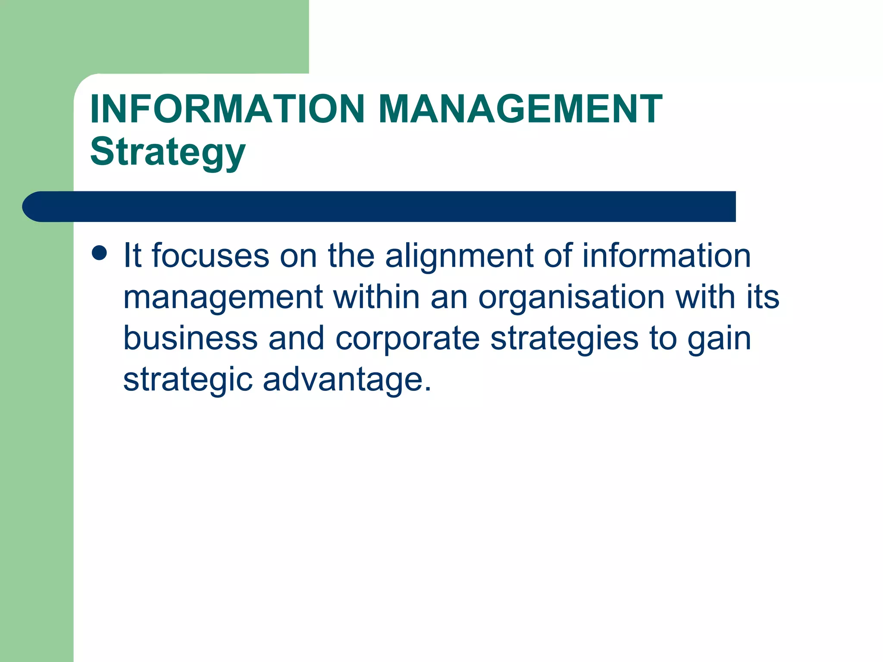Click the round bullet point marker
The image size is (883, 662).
click(x=100, y=253)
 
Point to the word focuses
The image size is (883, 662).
click(x=211, y=256)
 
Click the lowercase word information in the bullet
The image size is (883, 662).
click(x=667, y=256)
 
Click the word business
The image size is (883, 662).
click(x=191, y=338)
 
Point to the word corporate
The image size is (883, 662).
click(x=407, y=339)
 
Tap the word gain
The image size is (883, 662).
click(x=719, y=339)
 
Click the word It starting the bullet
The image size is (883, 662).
click(x=132, y=256)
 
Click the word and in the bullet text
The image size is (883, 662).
click(x=296, y=338)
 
